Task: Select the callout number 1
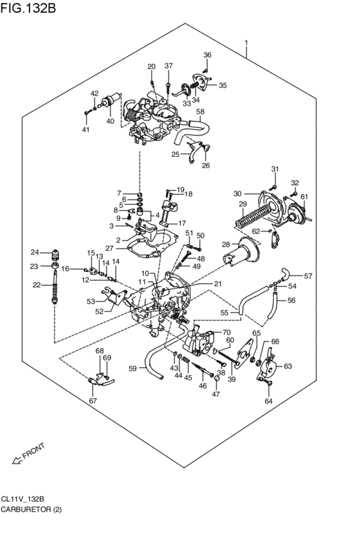coord(246,44)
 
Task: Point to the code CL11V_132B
coord(27,498)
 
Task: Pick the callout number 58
coord(201,111)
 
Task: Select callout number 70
coord(226,332)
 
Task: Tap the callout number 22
coord(37,285)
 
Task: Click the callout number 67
coord(93,400)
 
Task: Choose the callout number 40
coord(110,120)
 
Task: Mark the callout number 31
coord(274,169)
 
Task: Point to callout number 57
coord(308,276)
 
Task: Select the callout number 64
coord(269,402)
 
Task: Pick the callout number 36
coord(207,55)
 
